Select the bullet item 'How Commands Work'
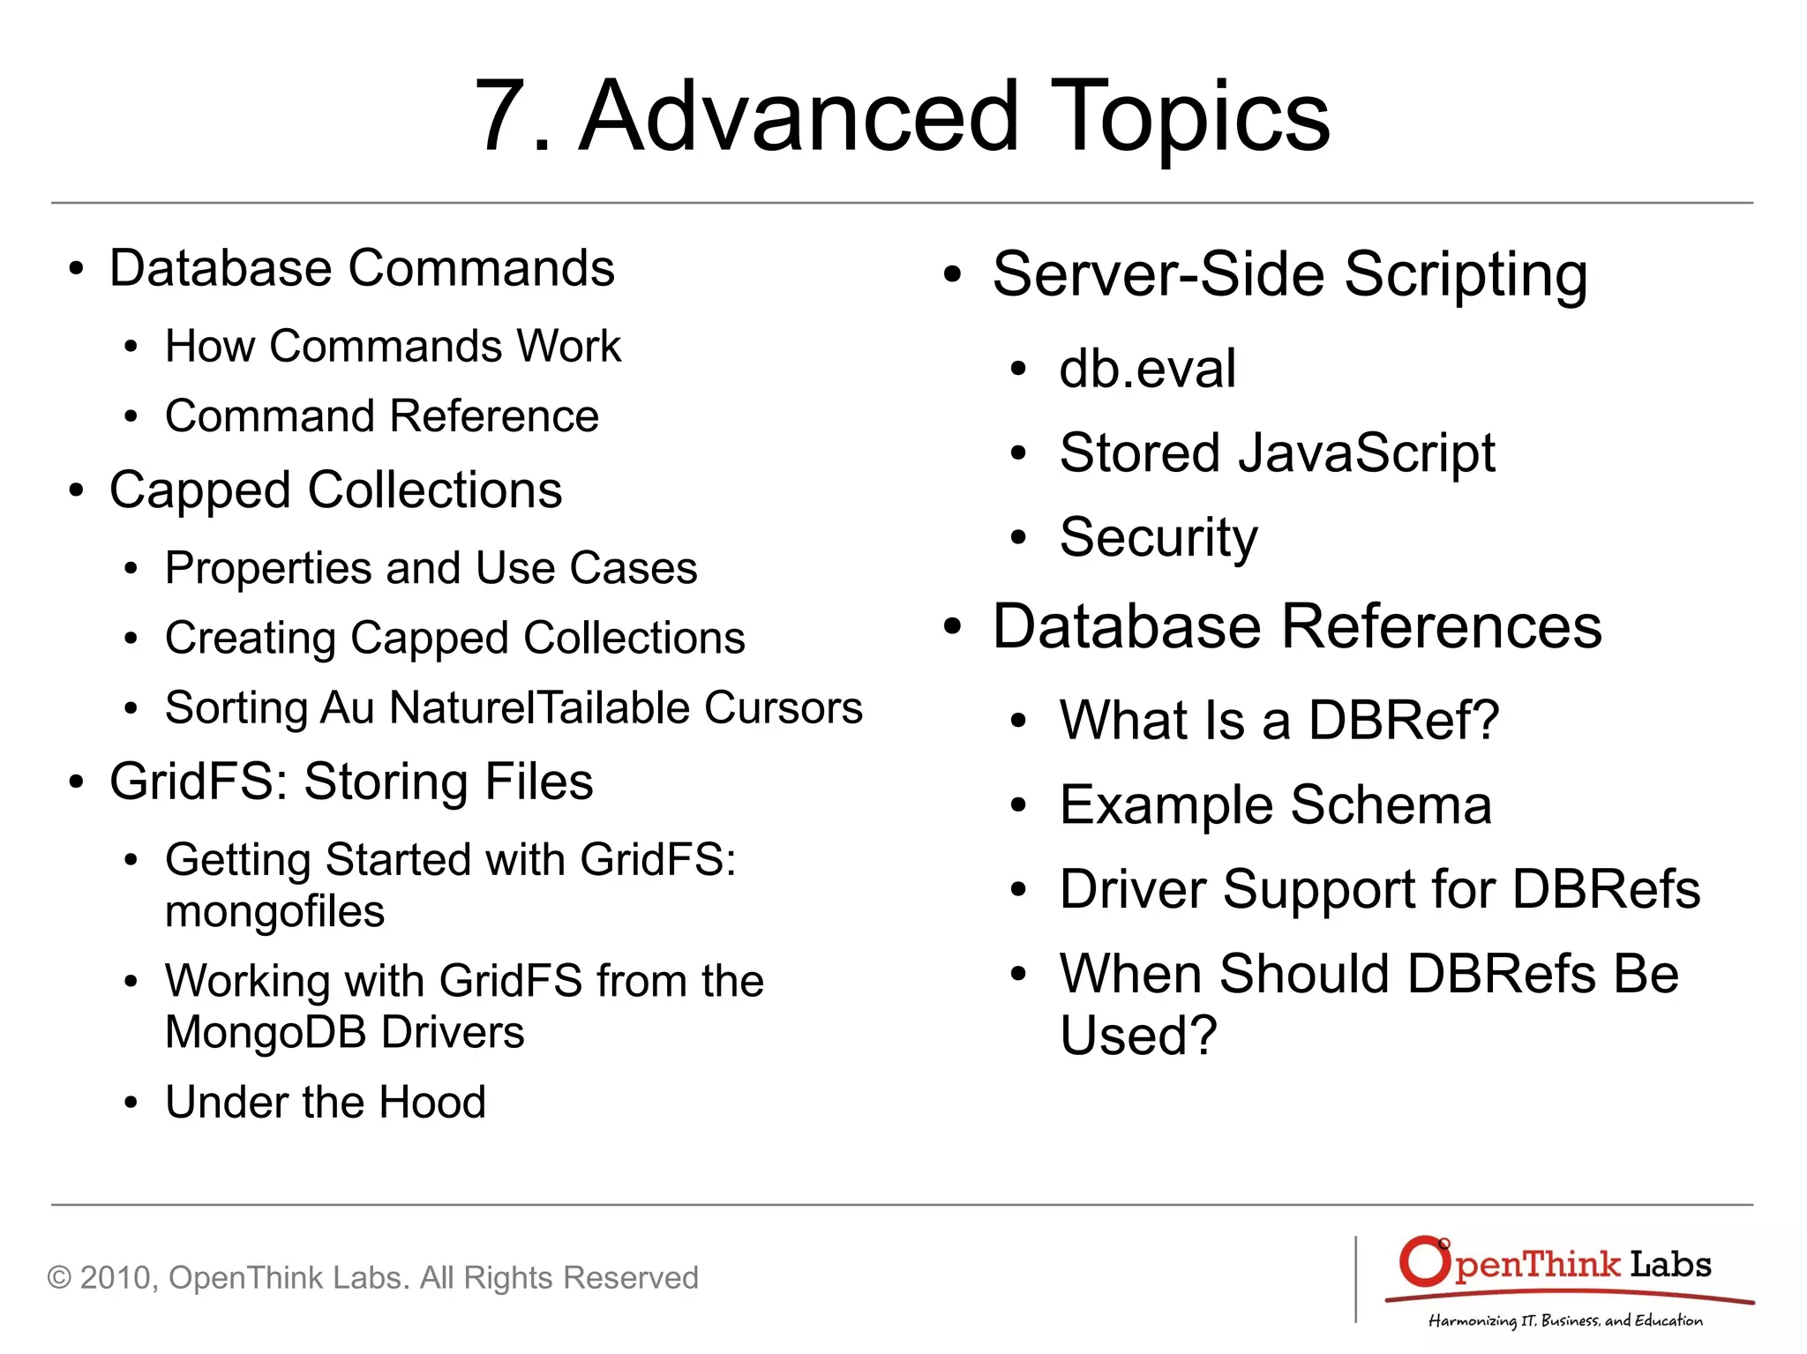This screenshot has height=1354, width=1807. tap(393, 346)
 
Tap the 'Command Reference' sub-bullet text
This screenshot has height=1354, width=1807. tap(382, 416)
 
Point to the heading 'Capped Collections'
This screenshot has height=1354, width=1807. tap(335, 490)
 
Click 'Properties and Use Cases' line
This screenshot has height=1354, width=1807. tap(431, 568)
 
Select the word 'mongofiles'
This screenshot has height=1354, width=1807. tap(274, 912)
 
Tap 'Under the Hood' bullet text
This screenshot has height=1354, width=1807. tap(326, 1102)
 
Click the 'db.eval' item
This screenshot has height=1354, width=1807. tap(1147, 369)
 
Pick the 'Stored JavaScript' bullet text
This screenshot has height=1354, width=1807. tap(1277, 453)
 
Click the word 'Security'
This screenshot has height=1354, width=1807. tap(1158, 537)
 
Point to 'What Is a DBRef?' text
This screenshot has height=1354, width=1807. tap(1278, 720)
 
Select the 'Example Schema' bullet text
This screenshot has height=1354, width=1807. tap(1275, 804)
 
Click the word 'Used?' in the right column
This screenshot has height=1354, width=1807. tap(1138, 1035)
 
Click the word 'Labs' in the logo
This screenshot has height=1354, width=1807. tap(1670, 1265)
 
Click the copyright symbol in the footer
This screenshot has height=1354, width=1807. tap(59, 1278)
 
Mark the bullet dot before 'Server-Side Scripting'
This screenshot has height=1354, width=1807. tap(951, 274)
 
